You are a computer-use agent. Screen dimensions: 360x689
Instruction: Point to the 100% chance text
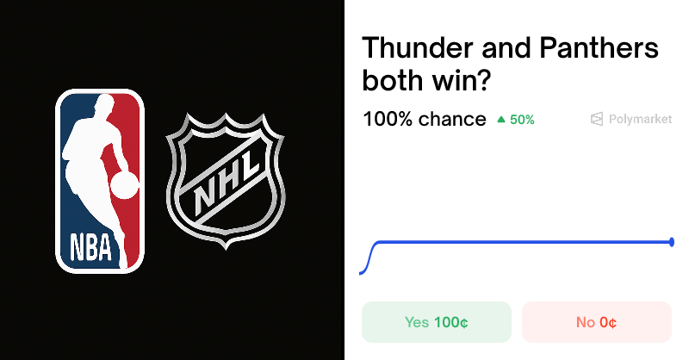424,119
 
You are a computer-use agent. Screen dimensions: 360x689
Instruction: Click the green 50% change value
522,120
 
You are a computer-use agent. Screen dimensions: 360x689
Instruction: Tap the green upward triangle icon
501,120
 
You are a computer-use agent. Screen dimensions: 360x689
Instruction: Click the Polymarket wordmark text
640,120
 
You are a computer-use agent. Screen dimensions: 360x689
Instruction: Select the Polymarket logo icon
596,120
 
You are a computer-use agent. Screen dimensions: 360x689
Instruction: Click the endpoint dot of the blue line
672,242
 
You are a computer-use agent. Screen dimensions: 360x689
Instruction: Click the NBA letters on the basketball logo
90,247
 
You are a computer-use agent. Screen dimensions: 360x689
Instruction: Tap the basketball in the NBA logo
125,184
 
